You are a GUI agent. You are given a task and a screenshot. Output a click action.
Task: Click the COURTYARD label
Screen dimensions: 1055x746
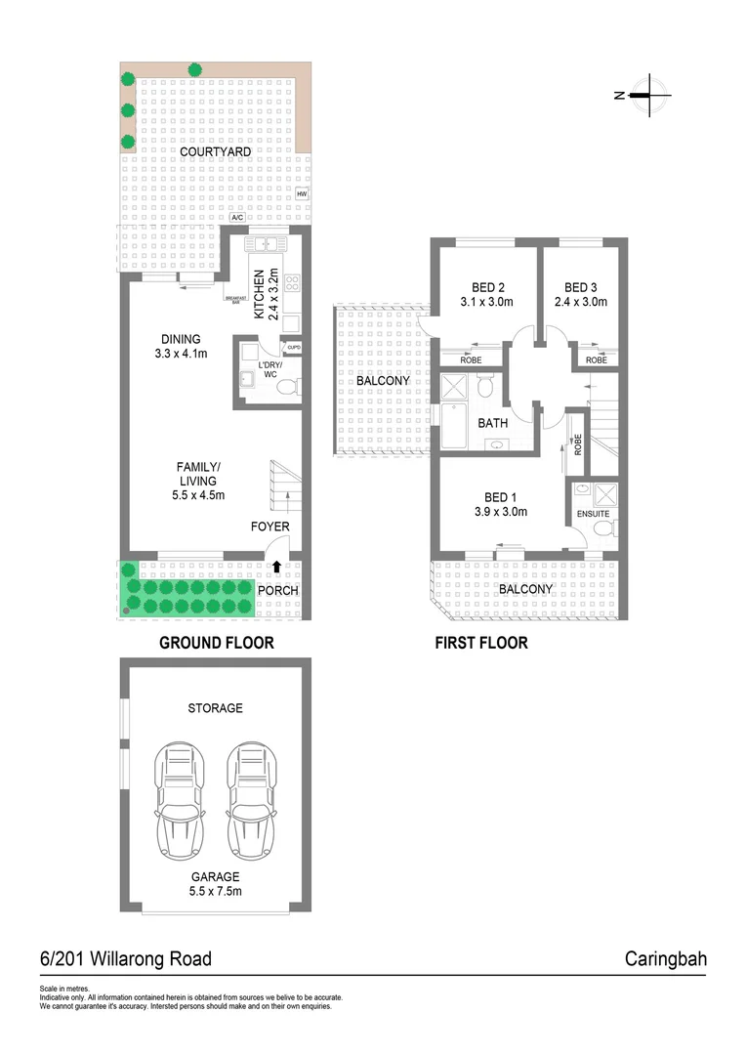(215, 151)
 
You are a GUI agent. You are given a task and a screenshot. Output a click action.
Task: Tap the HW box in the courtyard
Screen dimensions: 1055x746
(301, 194)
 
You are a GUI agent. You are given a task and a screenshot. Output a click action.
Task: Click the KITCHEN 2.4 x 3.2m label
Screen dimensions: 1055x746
(267, 294)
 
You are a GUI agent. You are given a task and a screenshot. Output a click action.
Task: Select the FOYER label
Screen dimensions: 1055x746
(269, 527)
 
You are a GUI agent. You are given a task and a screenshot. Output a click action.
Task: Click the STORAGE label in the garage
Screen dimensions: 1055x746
(215, 707)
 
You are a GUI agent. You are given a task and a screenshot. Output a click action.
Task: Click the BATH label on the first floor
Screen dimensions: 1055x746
(492, 424)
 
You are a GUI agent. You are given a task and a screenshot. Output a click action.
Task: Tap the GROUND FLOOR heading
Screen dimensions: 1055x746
(216, 643)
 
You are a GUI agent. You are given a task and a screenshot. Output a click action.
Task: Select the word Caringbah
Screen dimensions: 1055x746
(665, 958)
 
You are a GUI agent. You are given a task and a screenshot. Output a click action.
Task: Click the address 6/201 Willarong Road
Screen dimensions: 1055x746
(125, 958)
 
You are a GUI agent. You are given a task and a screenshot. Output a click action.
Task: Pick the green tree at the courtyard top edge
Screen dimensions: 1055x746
(196, 69)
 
